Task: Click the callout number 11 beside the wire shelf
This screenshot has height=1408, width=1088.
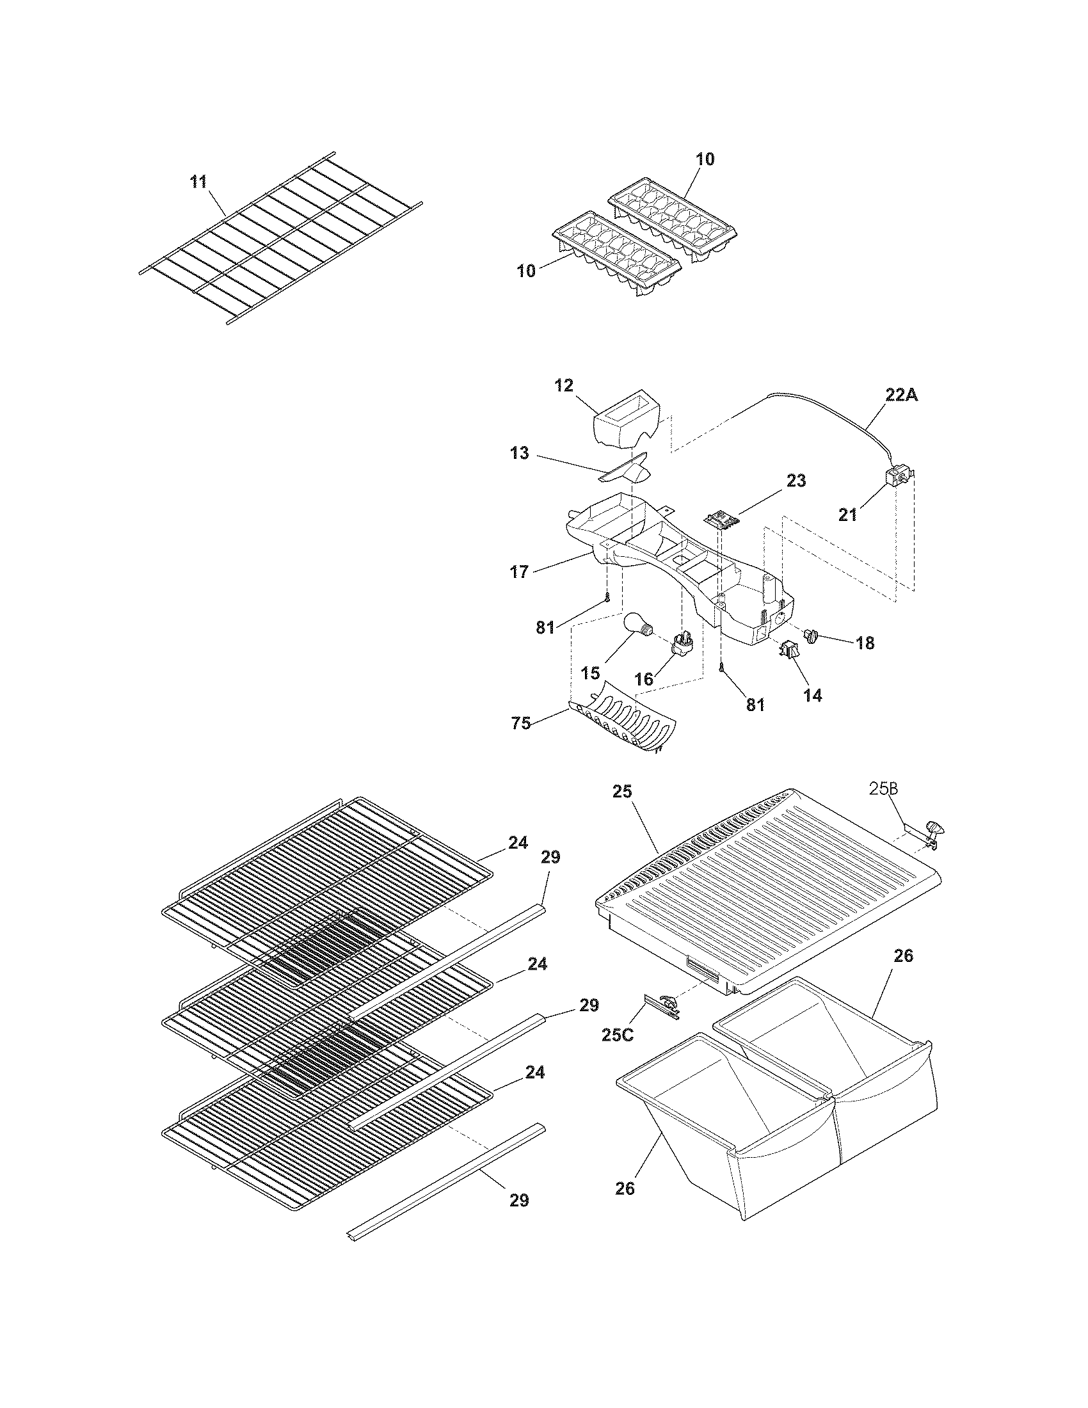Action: coord(198,182)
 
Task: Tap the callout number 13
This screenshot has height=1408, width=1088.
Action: coord(519,453)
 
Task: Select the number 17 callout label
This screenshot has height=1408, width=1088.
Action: coord(519,571)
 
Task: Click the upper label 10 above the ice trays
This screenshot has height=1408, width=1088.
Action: coord(705,159)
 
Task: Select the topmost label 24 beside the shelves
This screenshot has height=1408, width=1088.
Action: coord(518,842)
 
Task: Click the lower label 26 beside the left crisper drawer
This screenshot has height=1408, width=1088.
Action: coord(625,1188)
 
